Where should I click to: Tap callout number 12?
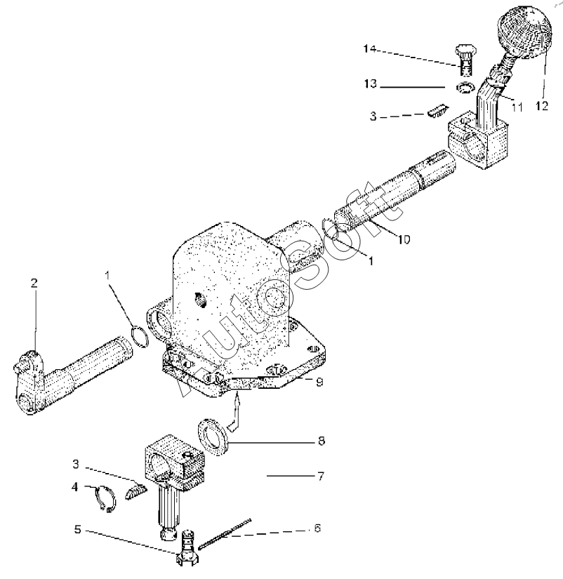541,106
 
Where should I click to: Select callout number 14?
369,48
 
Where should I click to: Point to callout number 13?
370,84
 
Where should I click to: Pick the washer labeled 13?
465,88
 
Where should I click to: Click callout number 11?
517,107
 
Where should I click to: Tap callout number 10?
404,239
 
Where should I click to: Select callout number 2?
34,284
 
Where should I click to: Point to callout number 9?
319,382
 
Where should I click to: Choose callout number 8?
322,441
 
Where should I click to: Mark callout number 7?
321,477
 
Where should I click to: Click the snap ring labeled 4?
105,499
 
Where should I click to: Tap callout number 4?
75,486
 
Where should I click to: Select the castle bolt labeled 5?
188,547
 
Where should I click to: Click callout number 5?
77,529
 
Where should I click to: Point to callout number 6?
317,528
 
